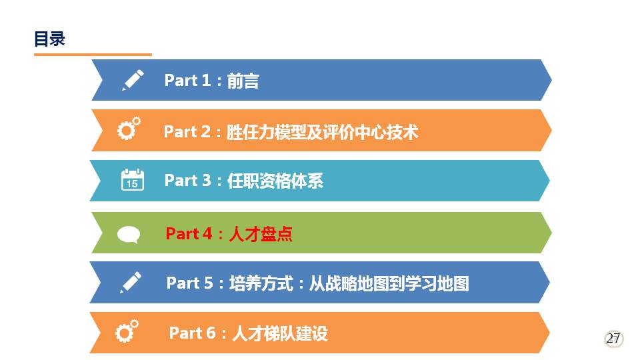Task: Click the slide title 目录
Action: point(49,39)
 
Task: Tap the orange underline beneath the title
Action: point(93,54)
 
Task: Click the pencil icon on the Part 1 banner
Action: point(133,79)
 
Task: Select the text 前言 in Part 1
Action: point(243,81)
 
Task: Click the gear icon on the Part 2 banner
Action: point(129,129)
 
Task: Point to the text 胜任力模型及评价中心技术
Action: point(323,132)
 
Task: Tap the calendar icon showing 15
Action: point(133,179)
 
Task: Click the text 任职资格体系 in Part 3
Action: point(275,181)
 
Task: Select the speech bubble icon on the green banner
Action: point(129,235)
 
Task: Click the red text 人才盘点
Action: point(261,234)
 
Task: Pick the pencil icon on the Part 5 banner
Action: point(131,282)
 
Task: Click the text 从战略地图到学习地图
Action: point(389,283)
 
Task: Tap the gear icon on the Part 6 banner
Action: point(127,331)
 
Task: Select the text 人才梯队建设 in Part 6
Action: point(280,333)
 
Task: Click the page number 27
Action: point(613,339)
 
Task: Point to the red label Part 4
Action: point(189,233)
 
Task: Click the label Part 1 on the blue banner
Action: point(187,80)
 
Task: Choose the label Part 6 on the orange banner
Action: point(192,333)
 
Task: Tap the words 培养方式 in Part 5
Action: point(261,283)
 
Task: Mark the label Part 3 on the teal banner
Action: point(187,181)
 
